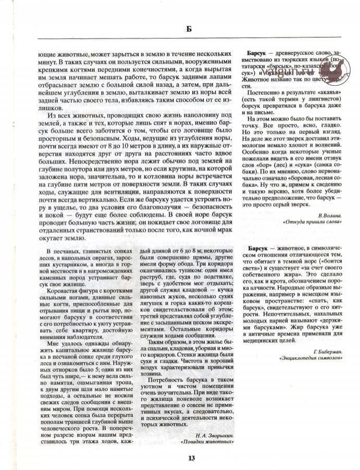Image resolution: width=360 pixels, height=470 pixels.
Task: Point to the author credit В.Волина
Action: click(x=328, y=214)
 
